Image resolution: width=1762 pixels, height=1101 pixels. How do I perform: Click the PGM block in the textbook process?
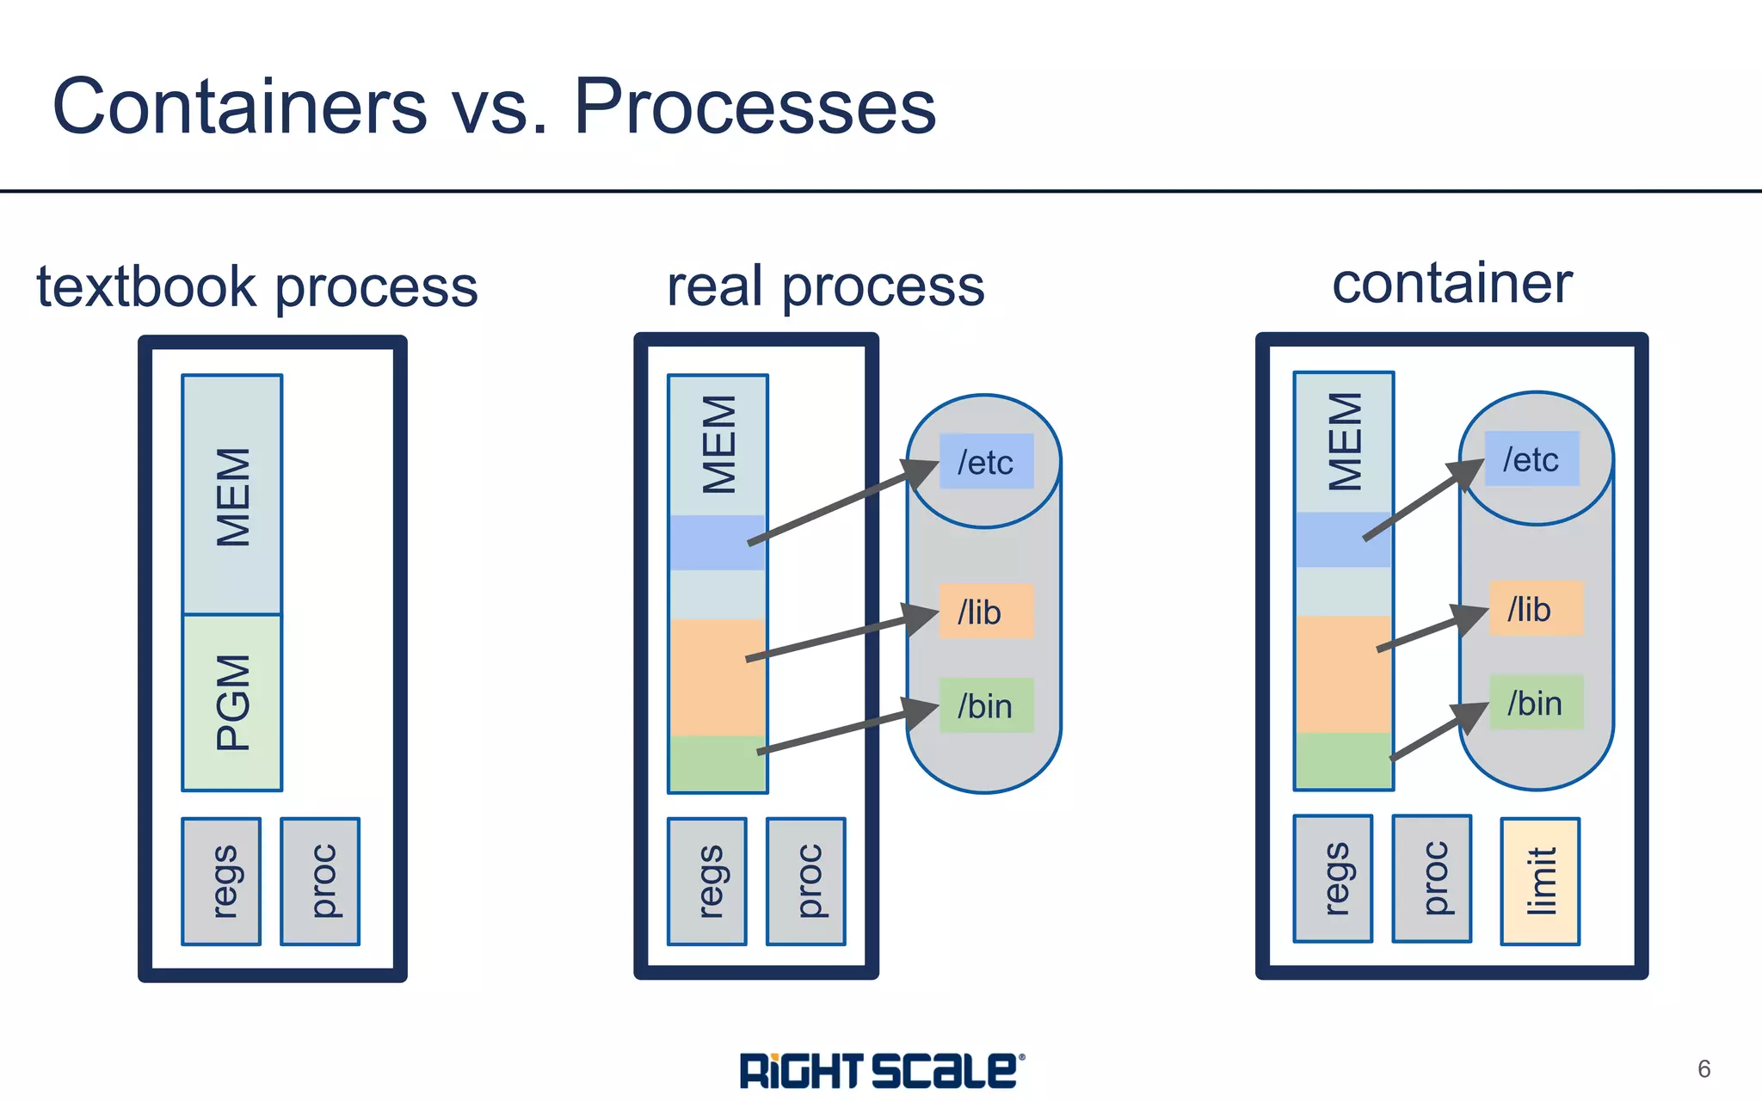point(231,702)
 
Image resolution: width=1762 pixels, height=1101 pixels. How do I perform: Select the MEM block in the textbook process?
point(231,495)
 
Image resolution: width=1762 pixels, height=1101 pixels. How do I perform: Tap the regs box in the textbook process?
point(221,881)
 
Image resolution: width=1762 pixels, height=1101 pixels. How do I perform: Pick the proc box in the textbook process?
point(320,881)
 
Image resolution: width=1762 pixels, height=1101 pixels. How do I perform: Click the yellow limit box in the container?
point(1540,881)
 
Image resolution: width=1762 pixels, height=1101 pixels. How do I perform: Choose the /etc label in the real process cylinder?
point(986,462)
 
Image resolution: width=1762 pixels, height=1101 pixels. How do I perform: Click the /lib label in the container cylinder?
point(1535,608)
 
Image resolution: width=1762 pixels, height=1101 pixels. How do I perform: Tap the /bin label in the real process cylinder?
point(986,705)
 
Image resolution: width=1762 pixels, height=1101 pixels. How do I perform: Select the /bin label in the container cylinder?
point(1535,702)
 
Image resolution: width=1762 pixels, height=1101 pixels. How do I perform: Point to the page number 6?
point(1703,1068)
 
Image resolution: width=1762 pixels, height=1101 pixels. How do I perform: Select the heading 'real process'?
point(825,286)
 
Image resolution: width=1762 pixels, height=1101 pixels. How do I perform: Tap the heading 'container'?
point(1451,283)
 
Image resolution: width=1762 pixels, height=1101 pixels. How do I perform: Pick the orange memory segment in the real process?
point(716,677)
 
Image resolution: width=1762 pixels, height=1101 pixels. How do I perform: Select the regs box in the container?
point(1333,878)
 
